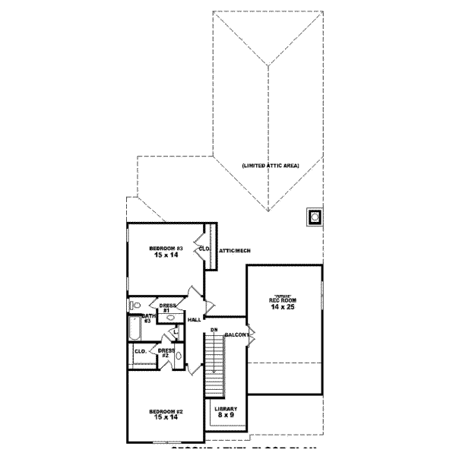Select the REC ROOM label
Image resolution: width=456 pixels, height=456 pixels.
(283, 301)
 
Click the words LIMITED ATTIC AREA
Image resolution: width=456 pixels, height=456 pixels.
(271, 166)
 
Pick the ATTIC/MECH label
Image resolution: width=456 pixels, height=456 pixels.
(235, 250)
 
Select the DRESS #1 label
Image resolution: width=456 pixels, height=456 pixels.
(168, 308)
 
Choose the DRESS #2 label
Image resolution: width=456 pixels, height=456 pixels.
(166, 353)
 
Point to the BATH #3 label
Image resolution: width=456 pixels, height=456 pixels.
(148, 317)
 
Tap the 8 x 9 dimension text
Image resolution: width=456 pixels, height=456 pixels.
(226, 416)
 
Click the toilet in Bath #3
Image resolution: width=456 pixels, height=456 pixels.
(135, 306)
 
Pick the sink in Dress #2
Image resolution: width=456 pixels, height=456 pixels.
(179, 356)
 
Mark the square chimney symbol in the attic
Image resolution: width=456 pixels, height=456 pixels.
(312, 217)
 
